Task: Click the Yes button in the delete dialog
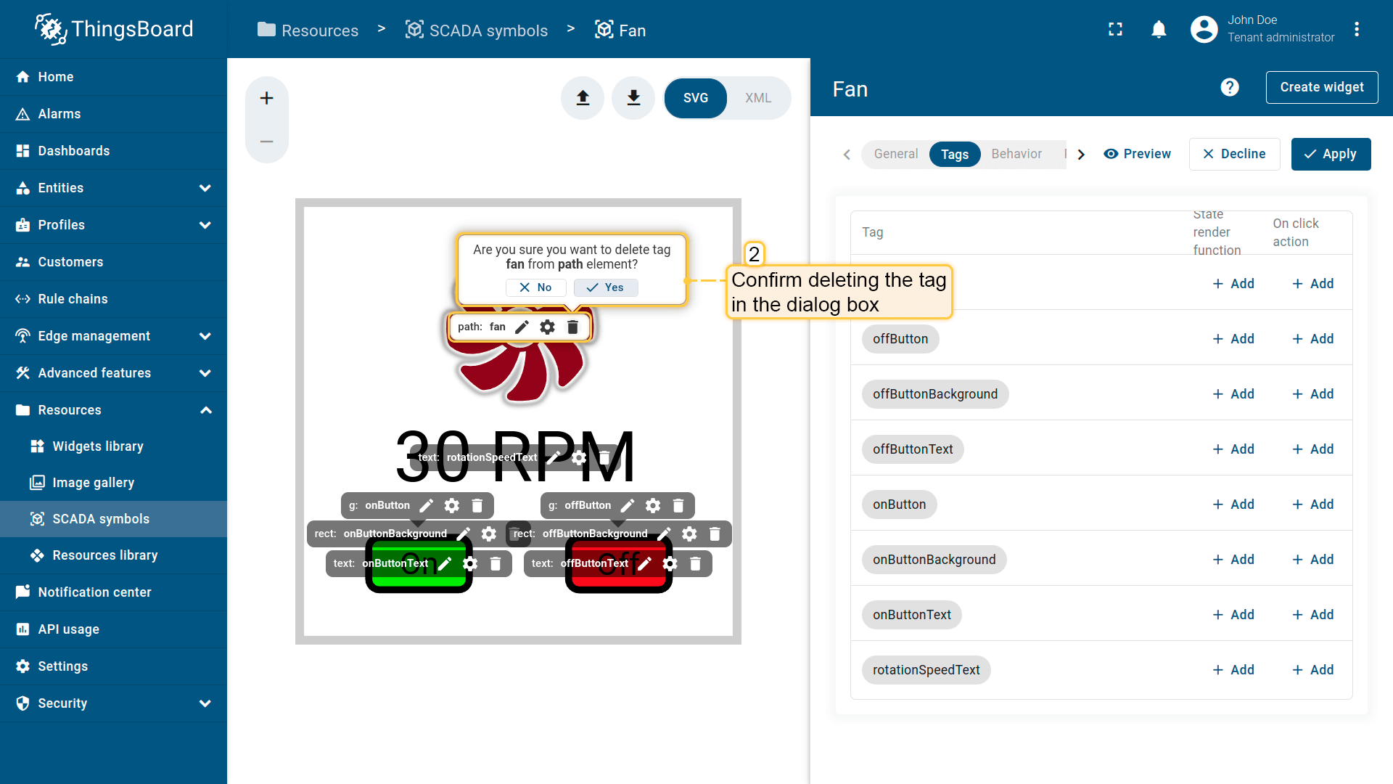tap(606, 287)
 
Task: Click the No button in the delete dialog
tap(535, 287)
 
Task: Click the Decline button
tap(1234, 154)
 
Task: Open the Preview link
tap(1137, 154)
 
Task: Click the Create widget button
tap(1321, 87)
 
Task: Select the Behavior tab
tap(1016, 154)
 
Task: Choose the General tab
tap(895, 154)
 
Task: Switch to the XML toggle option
tap(757, 98)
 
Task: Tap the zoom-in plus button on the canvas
tap(267, 98)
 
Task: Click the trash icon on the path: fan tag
tap(572, 327)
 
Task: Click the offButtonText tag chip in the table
tap(913, 449)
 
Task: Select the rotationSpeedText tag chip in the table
tap(926, 670)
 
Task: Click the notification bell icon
tap(1159, 30)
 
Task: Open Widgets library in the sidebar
tap(98, 446)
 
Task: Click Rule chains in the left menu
tap(73, 299)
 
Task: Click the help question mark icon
tap(1230, 87)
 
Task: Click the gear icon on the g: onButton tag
tap(452, 505)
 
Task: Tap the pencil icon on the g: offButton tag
tap(628, 505)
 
